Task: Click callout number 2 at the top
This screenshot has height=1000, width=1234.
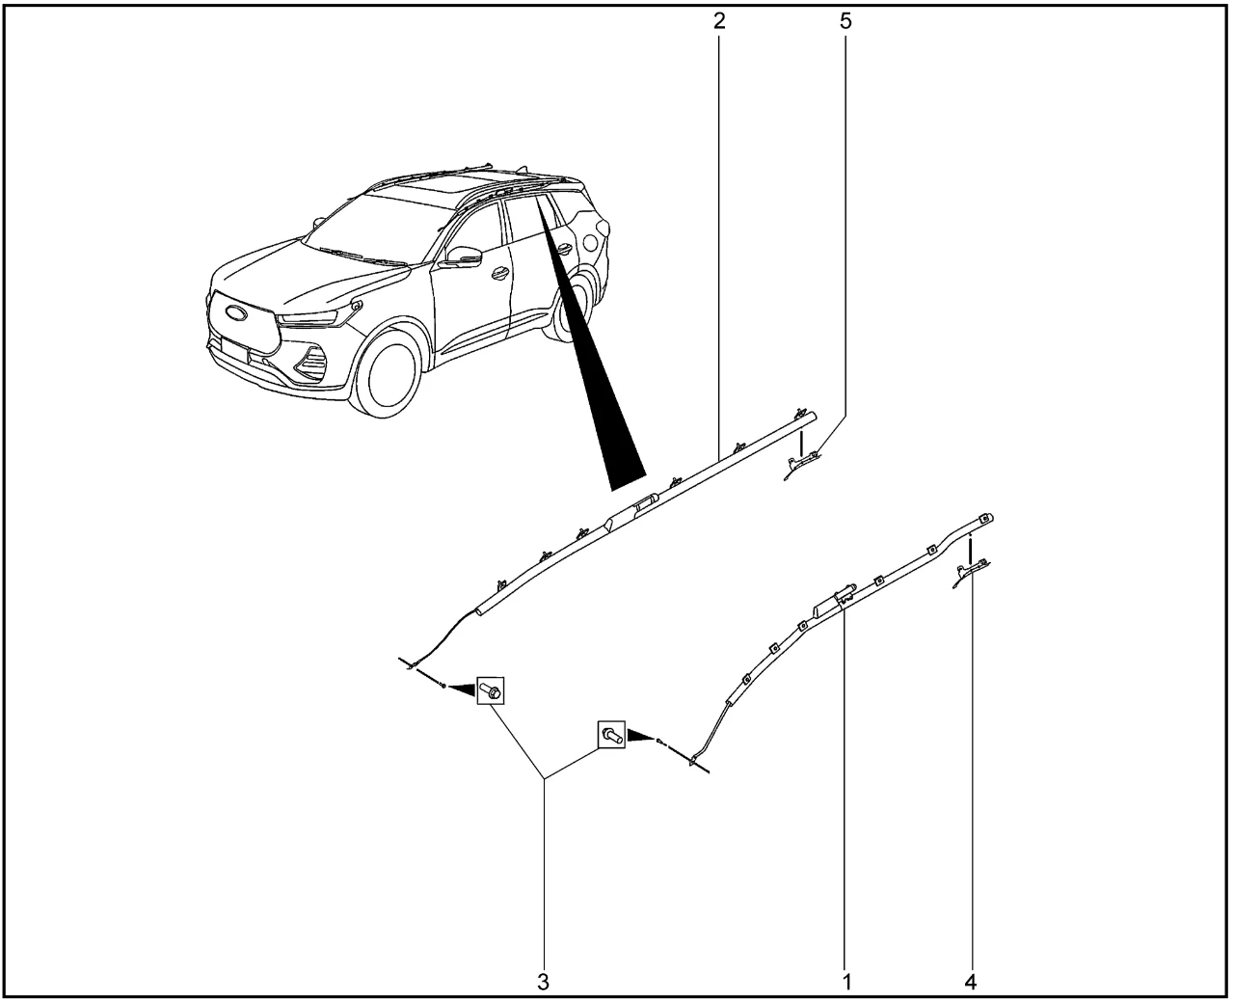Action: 719,21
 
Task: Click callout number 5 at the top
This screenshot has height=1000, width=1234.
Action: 845,21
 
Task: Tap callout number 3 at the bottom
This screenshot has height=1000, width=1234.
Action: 543,982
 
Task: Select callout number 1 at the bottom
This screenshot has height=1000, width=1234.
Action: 846,982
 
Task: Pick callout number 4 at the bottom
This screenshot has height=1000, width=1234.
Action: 971,982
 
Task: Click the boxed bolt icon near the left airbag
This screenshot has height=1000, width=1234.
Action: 490,690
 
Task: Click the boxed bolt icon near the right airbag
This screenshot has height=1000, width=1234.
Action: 611,735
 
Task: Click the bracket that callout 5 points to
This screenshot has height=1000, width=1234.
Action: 802,465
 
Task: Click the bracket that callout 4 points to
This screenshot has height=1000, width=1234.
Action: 971,573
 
